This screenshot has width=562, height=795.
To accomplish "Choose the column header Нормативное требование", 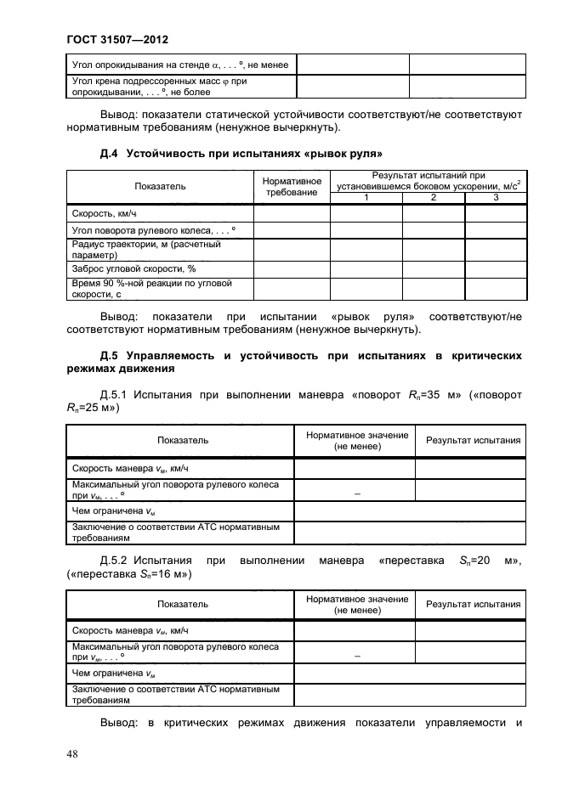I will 292,187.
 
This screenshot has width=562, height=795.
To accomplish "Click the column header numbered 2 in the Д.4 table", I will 433,198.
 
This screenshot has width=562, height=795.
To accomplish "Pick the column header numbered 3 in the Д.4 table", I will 495,198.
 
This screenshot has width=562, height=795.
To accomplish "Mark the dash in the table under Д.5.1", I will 355,493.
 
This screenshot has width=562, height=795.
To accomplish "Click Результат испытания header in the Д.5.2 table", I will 473,604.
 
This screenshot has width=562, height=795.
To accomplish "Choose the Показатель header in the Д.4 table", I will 160,186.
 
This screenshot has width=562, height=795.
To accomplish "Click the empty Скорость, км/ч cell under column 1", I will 366,214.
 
